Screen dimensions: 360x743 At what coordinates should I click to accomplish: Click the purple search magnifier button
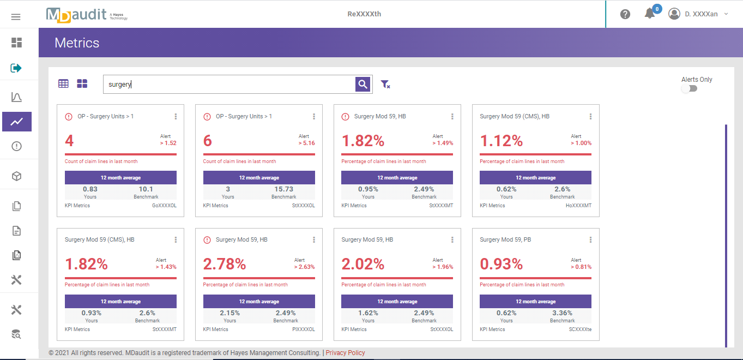pos(363,84)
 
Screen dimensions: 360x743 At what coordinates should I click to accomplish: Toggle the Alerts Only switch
pos(690,88)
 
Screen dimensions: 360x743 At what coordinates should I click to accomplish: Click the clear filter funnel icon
pos(385,84)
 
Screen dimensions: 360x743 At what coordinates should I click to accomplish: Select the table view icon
pos(64,83)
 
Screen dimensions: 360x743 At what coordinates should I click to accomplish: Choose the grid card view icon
pos(82,83)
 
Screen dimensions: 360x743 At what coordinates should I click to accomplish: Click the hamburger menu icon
pos(16,17)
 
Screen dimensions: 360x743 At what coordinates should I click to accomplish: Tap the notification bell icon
pos(649,14)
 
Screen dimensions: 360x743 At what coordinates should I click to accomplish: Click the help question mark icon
pos(625,14)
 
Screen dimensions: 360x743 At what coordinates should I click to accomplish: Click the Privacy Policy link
pos(345,353)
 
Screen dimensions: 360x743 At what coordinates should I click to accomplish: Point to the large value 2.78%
pos(225,265)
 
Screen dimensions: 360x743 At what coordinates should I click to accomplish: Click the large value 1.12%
pos(502,141)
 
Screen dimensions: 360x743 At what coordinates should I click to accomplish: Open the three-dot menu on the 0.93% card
pos(591,240)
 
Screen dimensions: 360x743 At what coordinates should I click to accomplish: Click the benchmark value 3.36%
pos(563,313)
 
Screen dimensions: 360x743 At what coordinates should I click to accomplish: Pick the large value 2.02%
pos(363,265)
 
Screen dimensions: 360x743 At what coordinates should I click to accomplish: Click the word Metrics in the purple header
pos(77,43)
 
